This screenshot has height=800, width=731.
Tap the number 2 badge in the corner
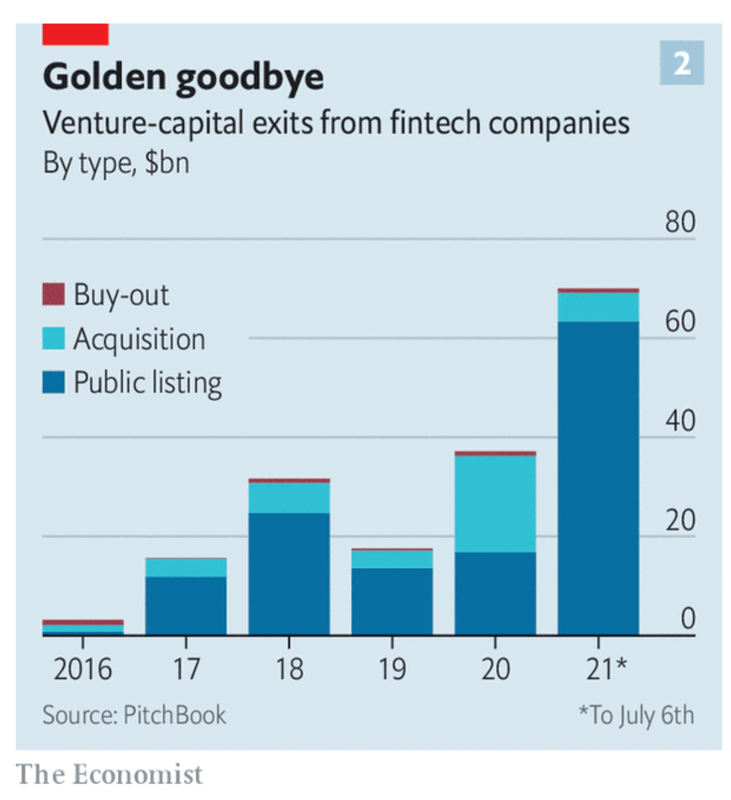pos(681,64)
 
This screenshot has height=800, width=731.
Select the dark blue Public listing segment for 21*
pos(598,477)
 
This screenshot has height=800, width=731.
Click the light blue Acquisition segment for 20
pos(495,504)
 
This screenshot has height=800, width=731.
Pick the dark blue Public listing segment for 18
pos(289,573)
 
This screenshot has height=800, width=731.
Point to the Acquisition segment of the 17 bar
pos(186,568)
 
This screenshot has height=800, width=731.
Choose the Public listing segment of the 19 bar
pos(391,601)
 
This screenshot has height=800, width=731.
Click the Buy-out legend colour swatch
pos(54,294)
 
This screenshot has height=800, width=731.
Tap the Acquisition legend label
pos(139,339)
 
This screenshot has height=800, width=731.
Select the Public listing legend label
pos(147,383)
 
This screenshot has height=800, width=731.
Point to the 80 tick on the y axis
pos(680,222)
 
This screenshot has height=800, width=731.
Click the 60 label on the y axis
pos(680,321)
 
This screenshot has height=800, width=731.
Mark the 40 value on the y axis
pos(680,421)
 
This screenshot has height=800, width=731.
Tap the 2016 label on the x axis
pos(83,669)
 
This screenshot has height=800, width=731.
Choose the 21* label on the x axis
pos(606,669)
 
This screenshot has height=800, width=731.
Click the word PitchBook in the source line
pos(174,715)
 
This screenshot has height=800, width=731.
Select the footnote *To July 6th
pos(636,715)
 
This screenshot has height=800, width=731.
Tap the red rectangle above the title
pos(75,34)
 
